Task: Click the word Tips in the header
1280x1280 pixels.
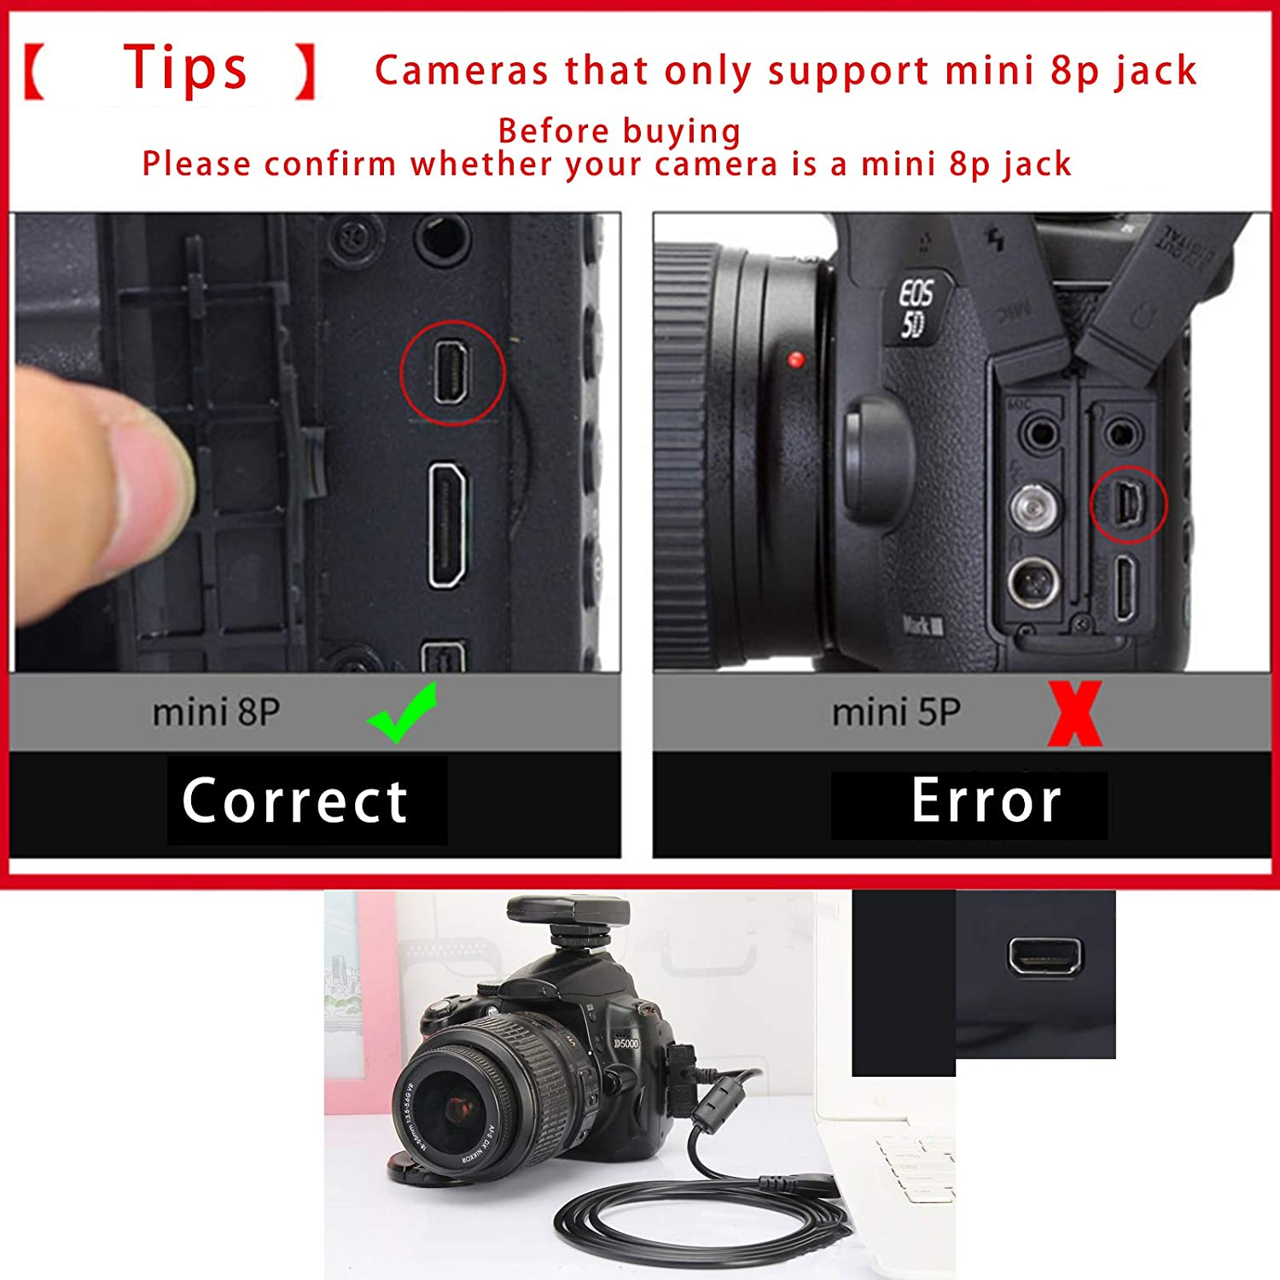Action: point(186,68)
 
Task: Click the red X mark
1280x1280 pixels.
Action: point(1075,713)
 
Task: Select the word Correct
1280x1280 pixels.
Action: point(295,801)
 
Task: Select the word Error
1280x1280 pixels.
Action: point(986,801)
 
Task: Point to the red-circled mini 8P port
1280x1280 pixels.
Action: point(451,372)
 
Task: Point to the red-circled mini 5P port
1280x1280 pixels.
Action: point(1128,504)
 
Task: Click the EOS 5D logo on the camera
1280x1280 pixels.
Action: point(916,307)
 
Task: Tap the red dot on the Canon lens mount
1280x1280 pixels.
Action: point(796,359)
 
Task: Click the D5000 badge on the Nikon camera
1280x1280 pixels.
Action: point(625,1044)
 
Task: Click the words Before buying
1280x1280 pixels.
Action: point(620,131)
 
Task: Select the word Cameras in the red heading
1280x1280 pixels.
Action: point(462,71)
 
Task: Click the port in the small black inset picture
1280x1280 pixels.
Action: point(1044,956)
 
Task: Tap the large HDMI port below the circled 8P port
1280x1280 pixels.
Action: point(447,526)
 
